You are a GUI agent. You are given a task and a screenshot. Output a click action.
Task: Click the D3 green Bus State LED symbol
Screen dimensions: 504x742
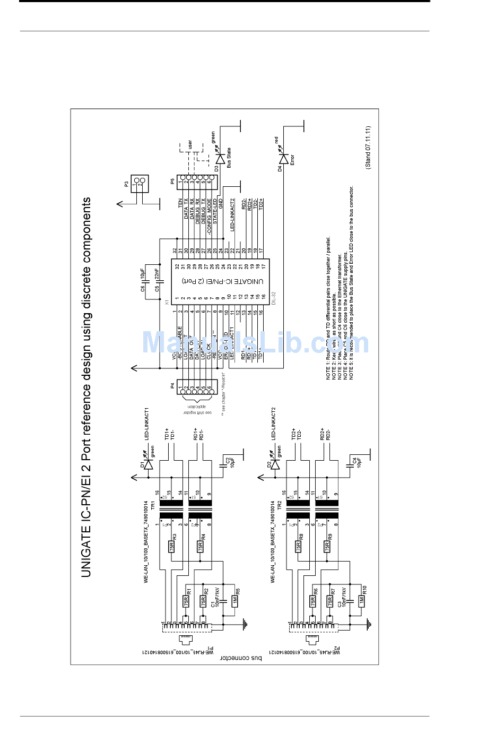pos(220,159)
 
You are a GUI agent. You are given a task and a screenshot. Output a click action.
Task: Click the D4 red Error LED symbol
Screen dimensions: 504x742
pos(283,159)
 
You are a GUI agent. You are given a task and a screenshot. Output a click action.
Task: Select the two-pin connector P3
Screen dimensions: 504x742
pos(140,184)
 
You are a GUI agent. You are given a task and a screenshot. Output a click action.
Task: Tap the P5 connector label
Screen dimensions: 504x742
pos(172,181)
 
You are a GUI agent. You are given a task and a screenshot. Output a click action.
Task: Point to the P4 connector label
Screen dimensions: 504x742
pos(172,385)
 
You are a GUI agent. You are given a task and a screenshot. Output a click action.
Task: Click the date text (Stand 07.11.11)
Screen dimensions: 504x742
pos(368,148)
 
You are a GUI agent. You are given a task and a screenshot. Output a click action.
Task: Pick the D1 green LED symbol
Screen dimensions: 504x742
pos(149,464)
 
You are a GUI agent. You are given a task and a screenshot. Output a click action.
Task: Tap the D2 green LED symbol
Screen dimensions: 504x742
pos(276,464)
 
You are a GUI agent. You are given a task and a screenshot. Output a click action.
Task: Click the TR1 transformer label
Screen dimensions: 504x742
pos(153,505)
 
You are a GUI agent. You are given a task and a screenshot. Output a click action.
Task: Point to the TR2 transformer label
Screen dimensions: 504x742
pos(280,505)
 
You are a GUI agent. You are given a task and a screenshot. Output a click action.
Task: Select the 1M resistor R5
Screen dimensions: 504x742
pos(234,600)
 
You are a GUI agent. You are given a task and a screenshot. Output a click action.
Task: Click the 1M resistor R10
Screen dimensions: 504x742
pos(361,600)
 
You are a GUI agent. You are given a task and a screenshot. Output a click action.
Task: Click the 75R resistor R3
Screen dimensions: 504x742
pos(171,546)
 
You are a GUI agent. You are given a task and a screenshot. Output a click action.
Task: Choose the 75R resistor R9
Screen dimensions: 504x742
pos(327,546)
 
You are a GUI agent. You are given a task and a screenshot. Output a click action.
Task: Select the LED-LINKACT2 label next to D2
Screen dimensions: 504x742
pos(274,424)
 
